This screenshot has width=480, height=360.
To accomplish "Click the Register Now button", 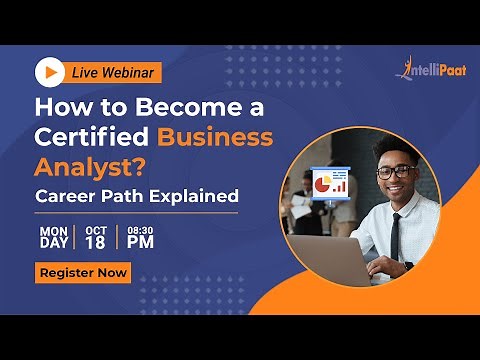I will pos(83,271).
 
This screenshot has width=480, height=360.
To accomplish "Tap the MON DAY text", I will pos(54,236).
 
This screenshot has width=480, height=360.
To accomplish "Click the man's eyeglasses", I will pos(394,171).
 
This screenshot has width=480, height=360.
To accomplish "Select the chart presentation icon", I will pos(329,183).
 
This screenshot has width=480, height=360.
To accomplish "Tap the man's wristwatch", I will pos(408,266).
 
